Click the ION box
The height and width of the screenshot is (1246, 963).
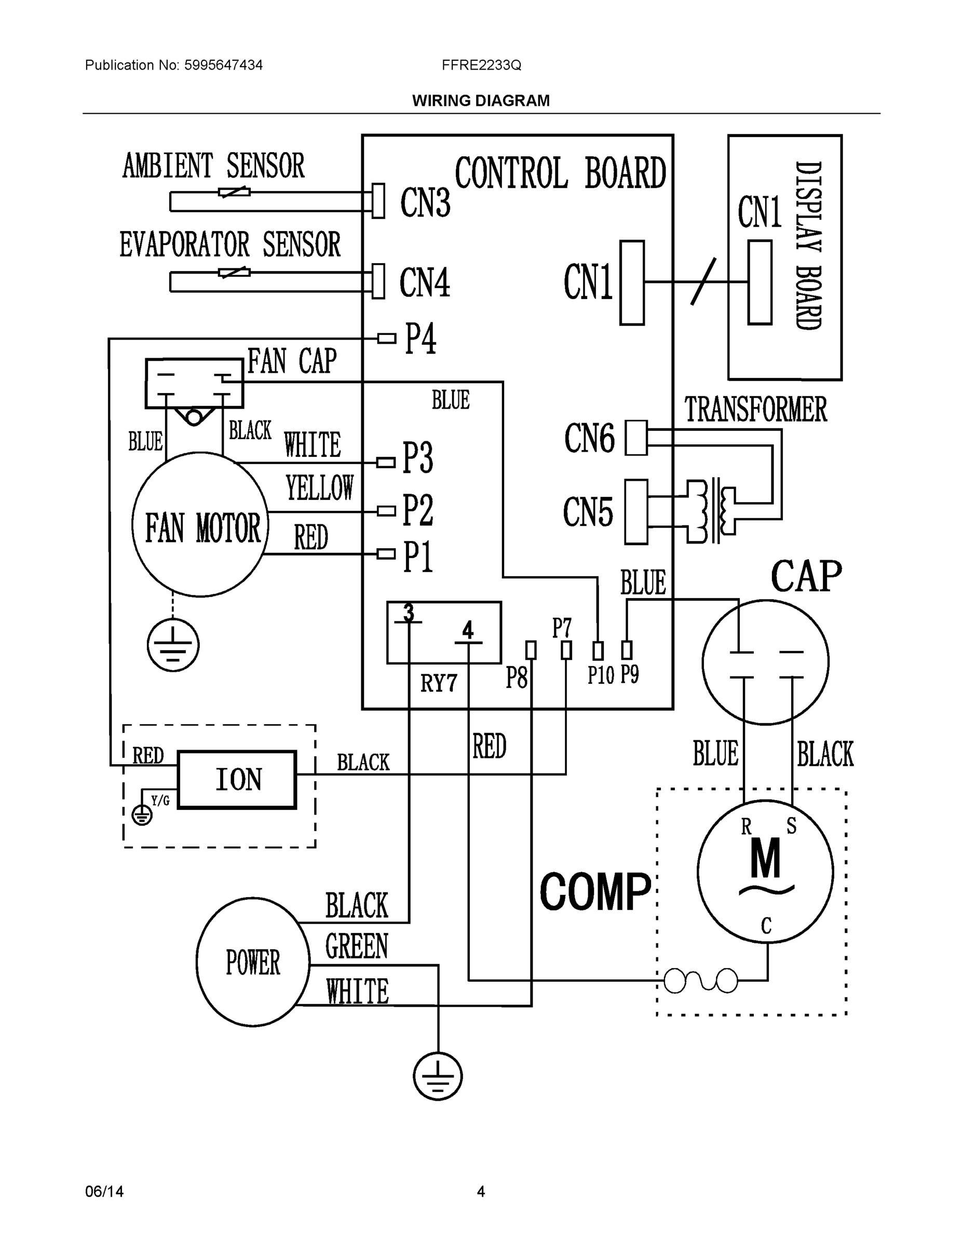(237, 779)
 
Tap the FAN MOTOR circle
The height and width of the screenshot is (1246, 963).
(200, 525)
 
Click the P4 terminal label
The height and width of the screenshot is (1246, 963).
(421, 339)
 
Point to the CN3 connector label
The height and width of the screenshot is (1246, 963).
(425, 202)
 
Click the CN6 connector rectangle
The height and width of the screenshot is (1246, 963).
(636, 438)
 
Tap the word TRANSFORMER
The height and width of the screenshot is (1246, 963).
(755, 410)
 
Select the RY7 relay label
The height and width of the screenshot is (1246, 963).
(439, 683)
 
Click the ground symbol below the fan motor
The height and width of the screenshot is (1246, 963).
(173, 645)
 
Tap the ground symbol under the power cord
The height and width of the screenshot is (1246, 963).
(438, 1077)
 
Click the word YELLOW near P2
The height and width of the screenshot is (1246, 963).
(319, 489)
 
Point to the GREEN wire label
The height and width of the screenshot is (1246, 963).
(357, 946)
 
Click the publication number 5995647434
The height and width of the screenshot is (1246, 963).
(223, 65)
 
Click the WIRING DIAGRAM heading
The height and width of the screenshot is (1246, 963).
(481, 101)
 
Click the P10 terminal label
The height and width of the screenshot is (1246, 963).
(600, 676)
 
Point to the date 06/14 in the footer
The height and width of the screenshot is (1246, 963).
(104, 1192)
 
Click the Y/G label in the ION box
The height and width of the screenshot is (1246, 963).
(160, 801)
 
